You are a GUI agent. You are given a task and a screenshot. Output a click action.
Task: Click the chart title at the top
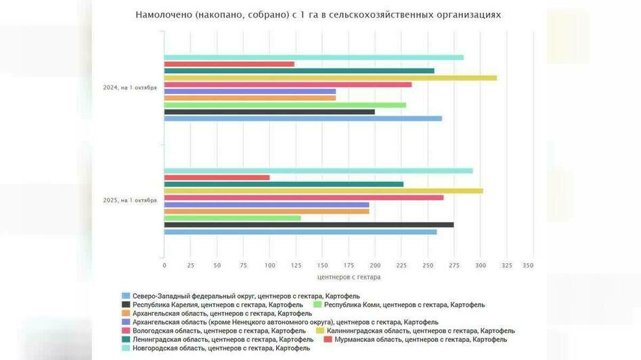tap(318, 14)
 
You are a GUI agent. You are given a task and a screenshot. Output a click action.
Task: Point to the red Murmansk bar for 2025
tap(217, 177)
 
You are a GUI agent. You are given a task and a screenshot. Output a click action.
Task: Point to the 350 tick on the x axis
tap(529, 265)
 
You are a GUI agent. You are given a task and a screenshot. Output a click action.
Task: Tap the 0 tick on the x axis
tap(164, 265)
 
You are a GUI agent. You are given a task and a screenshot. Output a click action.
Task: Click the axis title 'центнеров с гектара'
tap(349, 277)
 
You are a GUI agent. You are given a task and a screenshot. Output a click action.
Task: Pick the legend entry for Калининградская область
tap(420, 331)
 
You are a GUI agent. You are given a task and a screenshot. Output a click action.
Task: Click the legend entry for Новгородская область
tap(221, 348)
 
